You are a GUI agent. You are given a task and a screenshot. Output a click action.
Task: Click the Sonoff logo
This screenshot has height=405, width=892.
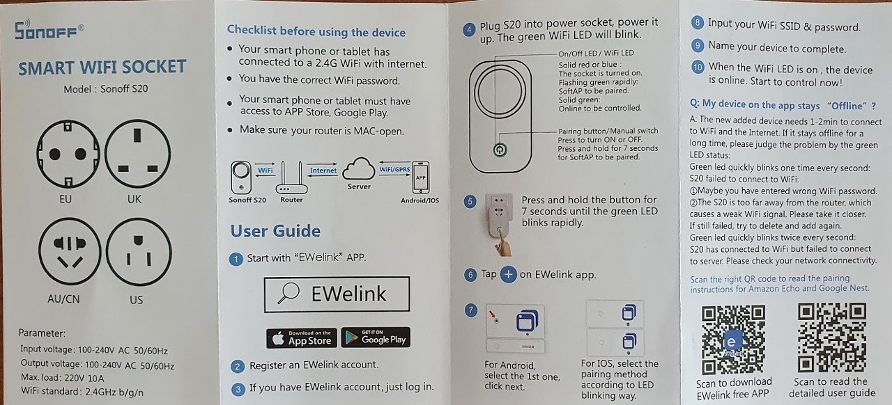[49, 29]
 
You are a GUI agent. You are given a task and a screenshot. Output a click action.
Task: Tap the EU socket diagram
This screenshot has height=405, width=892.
[68, 154]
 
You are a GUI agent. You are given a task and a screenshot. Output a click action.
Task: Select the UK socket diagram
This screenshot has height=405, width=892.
[138, 153]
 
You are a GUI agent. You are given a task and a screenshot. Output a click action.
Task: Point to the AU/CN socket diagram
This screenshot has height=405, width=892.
[70, 251]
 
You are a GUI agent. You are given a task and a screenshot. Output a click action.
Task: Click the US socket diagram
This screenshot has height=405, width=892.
[139, 252]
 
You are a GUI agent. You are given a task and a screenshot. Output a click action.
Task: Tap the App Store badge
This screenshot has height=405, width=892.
[302, 337]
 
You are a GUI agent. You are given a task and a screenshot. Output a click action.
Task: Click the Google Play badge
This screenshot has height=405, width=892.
[376, 337]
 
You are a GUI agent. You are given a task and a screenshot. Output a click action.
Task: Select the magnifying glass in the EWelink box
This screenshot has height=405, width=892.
[289, 293]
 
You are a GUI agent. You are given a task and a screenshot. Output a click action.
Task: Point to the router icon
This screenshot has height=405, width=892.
[291, 177]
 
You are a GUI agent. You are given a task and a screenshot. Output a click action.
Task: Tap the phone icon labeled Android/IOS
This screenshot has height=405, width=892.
[420, 177]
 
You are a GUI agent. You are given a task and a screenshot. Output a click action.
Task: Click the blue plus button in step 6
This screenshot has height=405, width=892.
[508, 274]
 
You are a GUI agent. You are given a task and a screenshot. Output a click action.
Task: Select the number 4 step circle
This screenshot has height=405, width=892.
[469, 30]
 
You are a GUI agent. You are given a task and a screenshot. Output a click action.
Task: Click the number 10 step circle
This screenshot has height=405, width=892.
[698, 67]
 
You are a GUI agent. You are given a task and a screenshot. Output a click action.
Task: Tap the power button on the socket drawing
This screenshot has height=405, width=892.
[500, 150]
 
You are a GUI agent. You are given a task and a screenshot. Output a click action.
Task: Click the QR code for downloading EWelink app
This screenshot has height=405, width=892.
[732, 340]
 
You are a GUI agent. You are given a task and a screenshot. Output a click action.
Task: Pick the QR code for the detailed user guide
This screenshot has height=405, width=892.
[831, 337]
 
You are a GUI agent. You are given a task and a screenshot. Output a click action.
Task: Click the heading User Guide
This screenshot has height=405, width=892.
[275, 231]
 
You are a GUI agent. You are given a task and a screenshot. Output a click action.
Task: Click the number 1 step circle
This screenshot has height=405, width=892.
[236, 260]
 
